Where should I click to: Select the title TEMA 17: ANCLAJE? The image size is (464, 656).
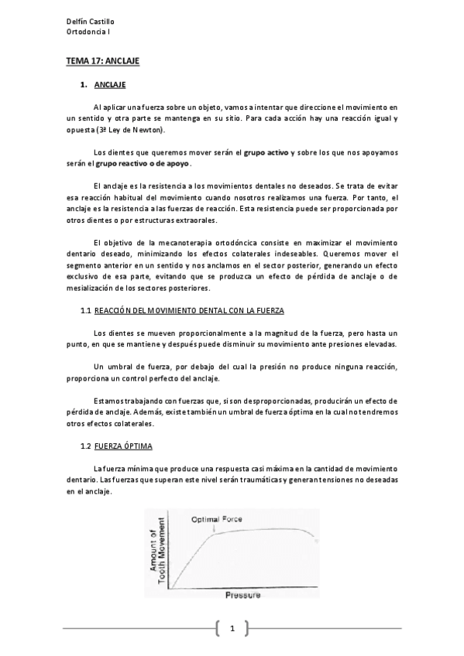click(x=101, y=59)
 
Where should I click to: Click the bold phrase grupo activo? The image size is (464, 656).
click(x=266, y=153)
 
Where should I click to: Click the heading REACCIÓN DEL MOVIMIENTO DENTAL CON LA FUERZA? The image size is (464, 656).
click(x=189, y=310)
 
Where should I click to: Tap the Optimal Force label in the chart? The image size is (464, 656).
click(x=218, y=519)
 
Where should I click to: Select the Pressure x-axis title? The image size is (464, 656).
click(x=243, y=595)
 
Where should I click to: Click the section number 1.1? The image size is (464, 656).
click(x=86, y=310)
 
